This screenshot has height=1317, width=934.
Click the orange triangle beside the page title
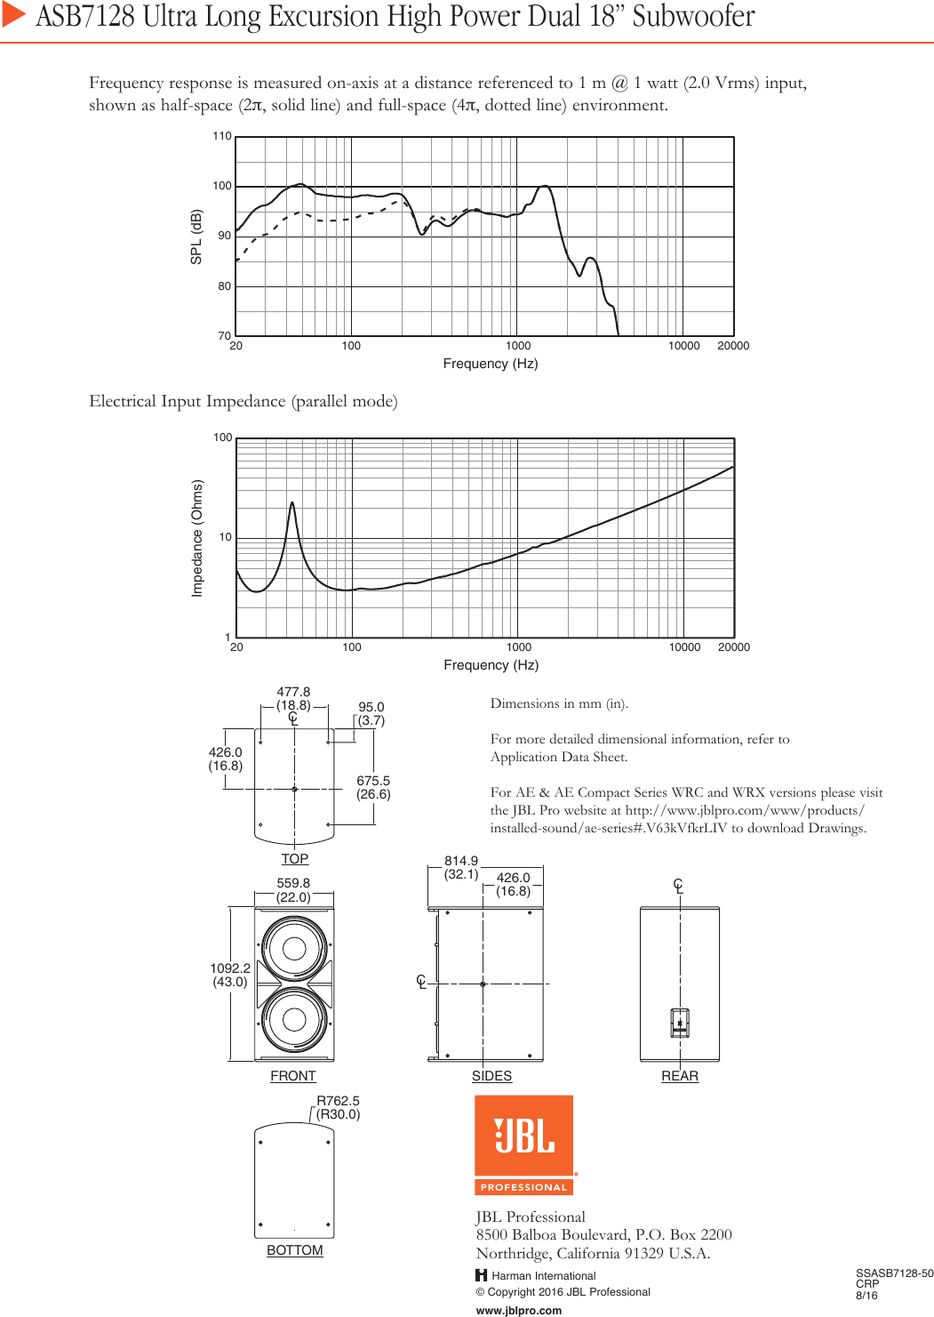click(x=13, y=14)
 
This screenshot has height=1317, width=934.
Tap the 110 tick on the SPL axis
click(x=222, y=137)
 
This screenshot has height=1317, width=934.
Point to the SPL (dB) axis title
click(x=196, y=237)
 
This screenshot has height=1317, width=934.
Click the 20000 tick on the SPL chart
click(x=733, y=346)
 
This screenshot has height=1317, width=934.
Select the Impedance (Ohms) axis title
click(x=197, y=538)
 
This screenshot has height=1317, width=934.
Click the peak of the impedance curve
click(x=291, y=504)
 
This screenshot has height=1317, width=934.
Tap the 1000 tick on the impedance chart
click(x=518, y=647)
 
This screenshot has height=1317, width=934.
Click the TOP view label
click(x=295, y=859)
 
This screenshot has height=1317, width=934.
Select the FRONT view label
click(x=293, y=1076)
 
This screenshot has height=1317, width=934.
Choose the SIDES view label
click(x=491, y=1076)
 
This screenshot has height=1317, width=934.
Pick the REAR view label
click(x=680, y=1076)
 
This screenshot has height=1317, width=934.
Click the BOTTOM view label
click(x=295, y=1250)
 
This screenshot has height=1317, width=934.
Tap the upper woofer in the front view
click(x=295, y=949)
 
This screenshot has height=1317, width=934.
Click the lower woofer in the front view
click(x=295, y=1020)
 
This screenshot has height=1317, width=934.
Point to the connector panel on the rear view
click(x=680, y=1024)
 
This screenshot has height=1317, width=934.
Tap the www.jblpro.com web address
click(x=519, y=1310)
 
